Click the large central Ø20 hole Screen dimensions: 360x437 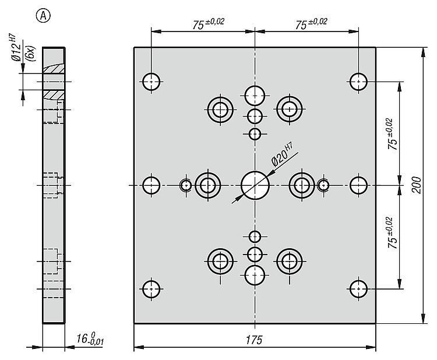255,185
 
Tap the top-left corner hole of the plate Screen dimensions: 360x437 151,81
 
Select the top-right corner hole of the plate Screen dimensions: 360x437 358,81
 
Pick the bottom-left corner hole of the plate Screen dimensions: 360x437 151,288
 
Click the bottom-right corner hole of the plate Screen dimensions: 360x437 358,288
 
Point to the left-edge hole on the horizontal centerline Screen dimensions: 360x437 151,185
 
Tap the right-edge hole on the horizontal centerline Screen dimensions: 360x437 358,185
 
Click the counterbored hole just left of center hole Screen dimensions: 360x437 207,185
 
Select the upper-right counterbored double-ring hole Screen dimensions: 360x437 289,108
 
